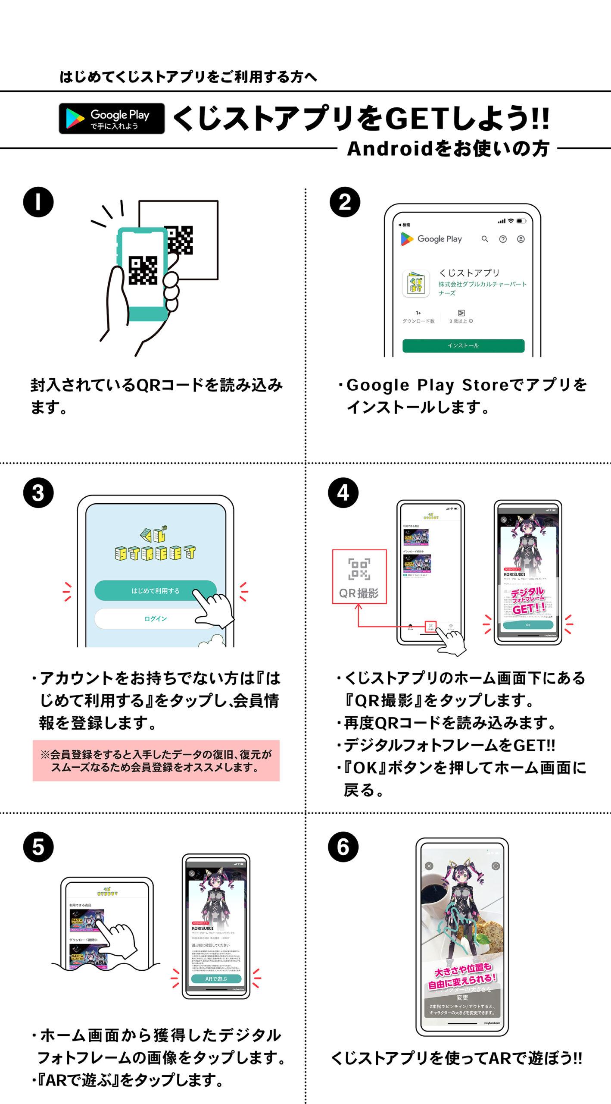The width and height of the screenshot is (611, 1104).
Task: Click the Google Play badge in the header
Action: pos(112,119)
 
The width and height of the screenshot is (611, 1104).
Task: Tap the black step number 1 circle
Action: pos(38,202)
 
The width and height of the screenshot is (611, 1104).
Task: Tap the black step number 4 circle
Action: pos(343,492)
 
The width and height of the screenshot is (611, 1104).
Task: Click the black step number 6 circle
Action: pos(343,847)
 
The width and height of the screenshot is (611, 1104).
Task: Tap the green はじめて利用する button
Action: pos(155,591)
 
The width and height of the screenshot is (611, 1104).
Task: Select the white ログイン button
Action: pos(155,618)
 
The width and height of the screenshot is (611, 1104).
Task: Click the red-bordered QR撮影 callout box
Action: pos(359,576)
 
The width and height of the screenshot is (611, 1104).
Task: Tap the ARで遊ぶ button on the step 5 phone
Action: pos(216,979)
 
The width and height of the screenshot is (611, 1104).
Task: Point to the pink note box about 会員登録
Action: pos(156,761)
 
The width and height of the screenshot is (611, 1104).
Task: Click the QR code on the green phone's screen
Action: pos(143,270)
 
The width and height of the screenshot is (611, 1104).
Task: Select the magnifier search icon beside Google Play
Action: pos(485,239)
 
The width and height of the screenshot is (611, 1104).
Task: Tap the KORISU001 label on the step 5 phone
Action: pos(203,928)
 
